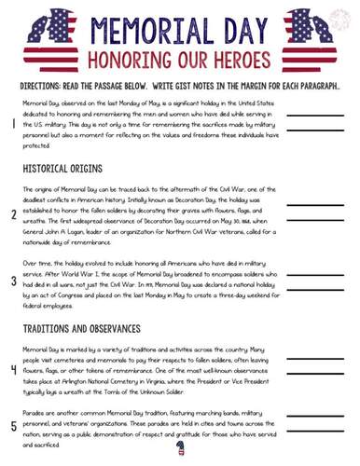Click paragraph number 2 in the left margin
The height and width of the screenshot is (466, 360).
pos(13,214)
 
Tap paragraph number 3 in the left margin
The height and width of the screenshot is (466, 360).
pos(13,281)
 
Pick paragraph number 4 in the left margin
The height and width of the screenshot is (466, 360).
pos(13,369)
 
